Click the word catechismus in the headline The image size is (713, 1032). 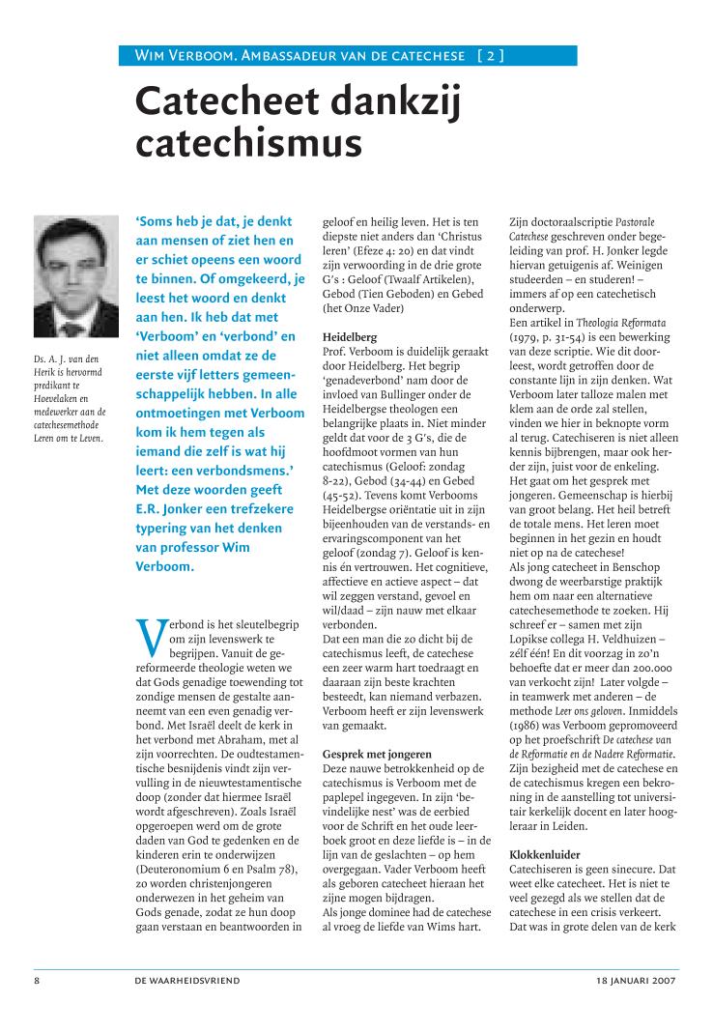248,143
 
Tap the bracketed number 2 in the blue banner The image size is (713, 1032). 490,56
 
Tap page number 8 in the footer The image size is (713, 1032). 38,981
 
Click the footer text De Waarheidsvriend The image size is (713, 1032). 188,981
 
